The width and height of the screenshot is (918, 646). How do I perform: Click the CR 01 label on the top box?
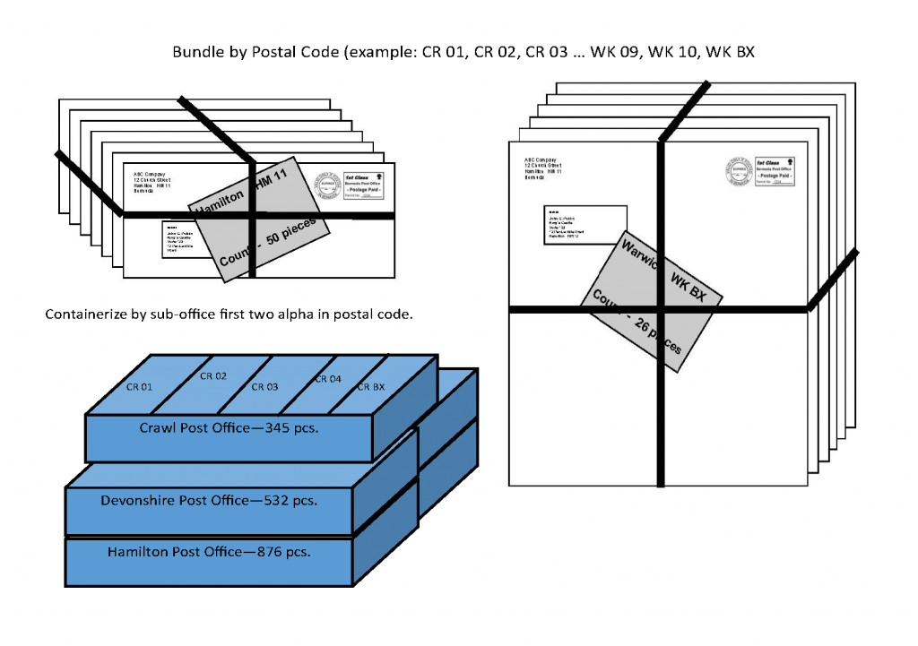coord(138,387)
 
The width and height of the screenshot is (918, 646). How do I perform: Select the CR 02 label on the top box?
coord(212,376)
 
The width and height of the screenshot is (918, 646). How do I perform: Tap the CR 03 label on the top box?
coord(264,387)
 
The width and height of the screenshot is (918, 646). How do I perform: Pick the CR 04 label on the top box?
coord(327,379)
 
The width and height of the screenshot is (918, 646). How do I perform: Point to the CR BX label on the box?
coord(371,387)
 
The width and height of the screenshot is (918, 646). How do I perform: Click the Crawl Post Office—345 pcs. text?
coord(229,428)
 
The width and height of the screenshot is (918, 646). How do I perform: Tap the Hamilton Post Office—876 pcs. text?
coord(209,552)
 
